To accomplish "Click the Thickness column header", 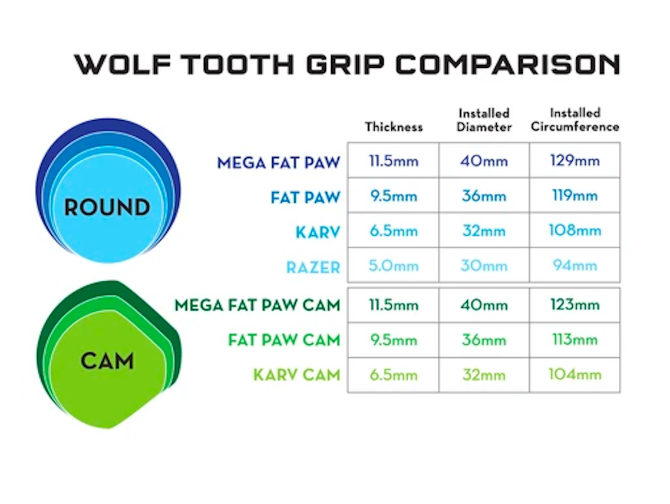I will click(x=394, y=127).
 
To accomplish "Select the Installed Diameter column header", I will click(x=484, y=120).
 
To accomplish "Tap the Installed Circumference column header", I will click(x=575, y=120).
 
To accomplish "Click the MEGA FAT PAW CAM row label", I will click(x=258, y=305).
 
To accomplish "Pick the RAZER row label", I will click(x=313, y=268).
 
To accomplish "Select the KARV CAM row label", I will click(x=297, y=375).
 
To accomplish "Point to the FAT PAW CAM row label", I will click(x=284, y=340).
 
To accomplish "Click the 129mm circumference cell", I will click(x=575, y=160).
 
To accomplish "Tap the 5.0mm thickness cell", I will click(x=394, y=266).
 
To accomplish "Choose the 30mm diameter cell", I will click(x=484, y=266).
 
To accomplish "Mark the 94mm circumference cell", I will click(x=575, y=266).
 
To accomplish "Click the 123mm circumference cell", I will click(x=575, y=305).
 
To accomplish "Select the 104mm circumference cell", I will click(x=575, y=375).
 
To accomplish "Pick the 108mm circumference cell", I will click(x=575, y=230).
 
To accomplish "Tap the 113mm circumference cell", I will click(x=575, y=340).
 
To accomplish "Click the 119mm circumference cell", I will click(x=575, y=196).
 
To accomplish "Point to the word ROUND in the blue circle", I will click(x=107, y=207).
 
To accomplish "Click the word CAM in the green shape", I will click(x=107, y=360).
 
